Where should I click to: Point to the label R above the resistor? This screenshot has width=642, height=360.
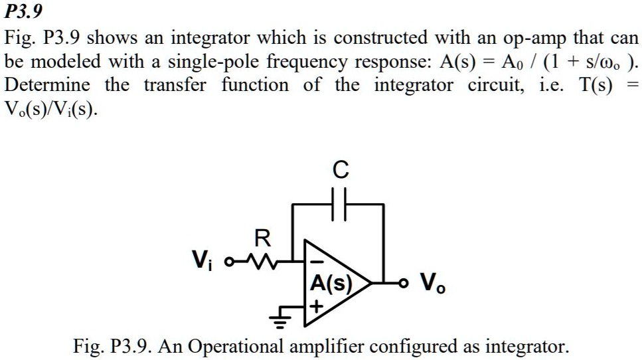(262, 237)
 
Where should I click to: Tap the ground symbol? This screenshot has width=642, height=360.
(280, 322)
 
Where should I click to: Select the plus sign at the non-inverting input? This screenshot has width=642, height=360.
(317, 307)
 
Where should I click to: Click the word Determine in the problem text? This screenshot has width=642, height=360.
(48, 86)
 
